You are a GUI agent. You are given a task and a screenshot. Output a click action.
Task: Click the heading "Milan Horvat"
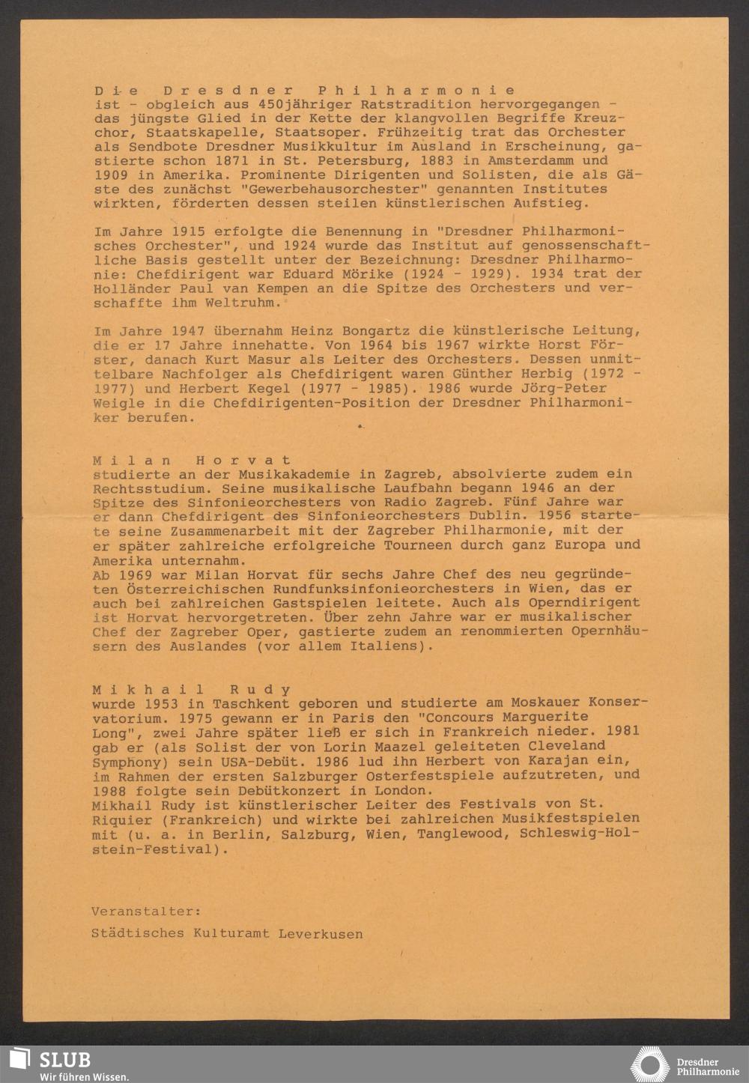click(x=192, y=460)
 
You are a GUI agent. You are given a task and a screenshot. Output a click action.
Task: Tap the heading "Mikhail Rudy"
click(x=192, y=690)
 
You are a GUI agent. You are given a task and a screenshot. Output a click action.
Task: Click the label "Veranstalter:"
click(x=146, y=911)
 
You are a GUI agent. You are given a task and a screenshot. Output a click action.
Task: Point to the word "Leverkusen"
click(x=321, y=934)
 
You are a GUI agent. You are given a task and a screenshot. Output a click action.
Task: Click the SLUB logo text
click(x=66, y=1059)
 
